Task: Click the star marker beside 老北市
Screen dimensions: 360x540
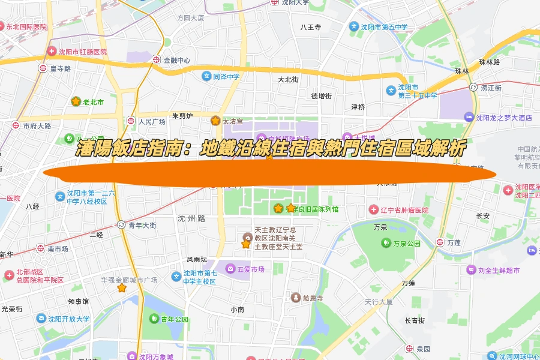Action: (x=76, y=102)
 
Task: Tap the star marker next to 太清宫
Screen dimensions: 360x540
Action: (x=215, y=121)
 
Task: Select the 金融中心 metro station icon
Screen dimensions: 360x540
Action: (x=157, y=60)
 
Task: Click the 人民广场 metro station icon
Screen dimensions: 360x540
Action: (x=131, y=121)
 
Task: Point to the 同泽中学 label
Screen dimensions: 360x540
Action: (x=226, y=76)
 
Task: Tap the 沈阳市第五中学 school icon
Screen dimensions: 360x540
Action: (x=353, y=27)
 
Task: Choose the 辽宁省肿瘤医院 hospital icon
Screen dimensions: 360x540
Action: (x=373, y=210)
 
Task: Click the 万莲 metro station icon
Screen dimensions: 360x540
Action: (x=440, y=242)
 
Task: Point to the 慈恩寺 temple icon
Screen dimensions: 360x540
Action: (x=295, y=298)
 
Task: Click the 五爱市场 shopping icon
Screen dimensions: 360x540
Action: (x=230, y=269)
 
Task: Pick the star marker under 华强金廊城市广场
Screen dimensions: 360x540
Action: (x=122, y=288)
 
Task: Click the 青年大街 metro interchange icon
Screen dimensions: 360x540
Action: (x=121, y=226)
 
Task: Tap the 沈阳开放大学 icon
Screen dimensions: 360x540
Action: (x=41, y=319)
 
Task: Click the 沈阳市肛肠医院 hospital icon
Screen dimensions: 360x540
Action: (x=52, y=52)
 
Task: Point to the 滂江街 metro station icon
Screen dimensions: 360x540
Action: (x=473, y=88)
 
